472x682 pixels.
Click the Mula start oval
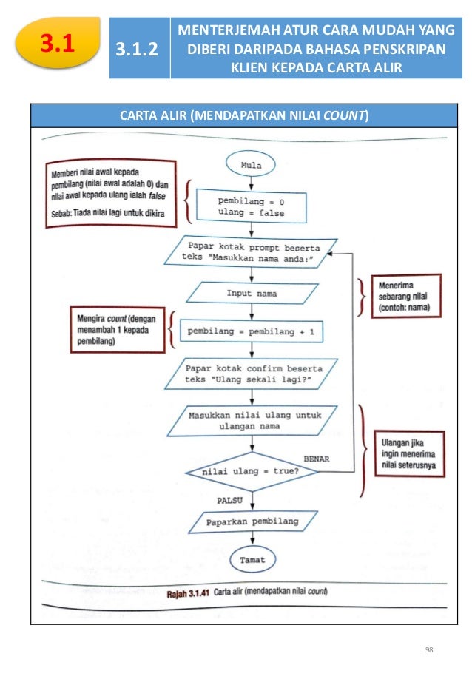[251, 164]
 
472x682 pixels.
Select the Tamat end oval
[252, 559]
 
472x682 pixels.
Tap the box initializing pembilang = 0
[252, 206]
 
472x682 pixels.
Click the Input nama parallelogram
[252, 293]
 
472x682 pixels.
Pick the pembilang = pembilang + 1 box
[252, 331]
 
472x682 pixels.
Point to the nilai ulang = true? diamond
[252, 472]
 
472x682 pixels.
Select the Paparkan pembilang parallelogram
[253, 521]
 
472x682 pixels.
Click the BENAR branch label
[316, 459]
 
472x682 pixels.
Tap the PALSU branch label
[229, 501]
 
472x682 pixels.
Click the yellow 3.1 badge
[58, 43]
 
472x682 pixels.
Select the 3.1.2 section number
[137, 49]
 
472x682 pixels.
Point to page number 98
[429, 649]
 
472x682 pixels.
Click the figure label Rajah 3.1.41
[188, 593]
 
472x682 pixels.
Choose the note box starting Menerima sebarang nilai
[406, 296]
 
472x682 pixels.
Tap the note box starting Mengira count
[118, 330]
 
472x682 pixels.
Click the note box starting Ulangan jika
[409, 454]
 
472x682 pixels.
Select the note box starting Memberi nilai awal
[111, 193]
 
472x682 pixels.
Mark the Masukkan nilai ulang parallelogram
[252, 421]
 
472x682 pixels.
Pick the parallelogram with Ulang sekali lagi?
[251, 374]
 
